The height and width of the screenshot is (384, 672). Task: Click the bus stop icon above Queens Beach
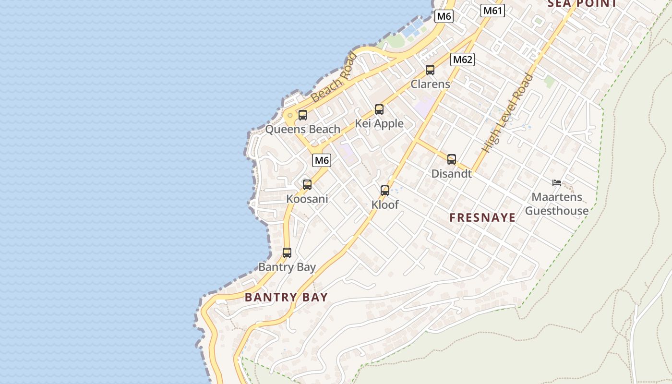pos(302,115)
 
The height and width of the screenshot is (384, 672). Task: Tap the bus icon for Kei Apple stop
pos(379,109)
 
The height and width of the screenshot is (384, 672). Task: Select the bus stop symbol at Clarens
pos(430,70)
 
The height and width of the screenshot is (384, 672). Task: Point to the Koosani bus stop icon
pos(307,184)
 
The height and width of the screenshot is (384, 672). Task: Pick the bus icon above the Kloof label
pos(385,191)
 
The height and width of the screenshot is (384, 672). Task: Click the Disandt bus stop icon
pos(452,159)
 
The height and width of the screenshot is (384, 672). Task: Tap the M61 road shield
pos(493,11)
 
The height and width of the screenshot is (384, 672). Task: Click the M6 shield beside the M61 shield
pos(444,16)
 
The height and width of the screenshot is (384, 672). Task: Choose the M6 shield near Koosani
pos(322,160)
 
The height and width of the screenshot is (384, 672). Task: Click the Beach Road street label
pos(334,78)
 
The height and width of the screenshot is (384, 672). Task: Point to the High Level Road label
pos(508,113)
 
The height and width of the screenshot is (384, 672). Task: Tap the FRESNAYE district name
pos(482,217)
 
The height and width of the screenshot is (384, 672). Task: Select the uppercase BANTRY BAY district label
pos(286,297)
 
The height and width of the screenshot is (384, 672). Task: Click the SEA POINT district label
pos(582,4)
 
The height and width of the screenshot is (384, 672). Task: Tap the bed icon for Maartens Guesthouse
pos(557,183)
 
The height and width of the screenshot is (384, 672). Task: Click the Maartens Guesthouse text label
pos(557,204)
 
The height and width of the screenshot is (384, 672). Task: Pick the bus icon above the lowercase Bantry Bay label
pos(287,252)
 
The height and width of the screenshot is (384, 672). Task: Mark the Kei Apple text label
pos(379,124)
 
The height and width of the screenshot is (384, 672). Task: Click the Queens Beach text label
pos(303,129)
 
